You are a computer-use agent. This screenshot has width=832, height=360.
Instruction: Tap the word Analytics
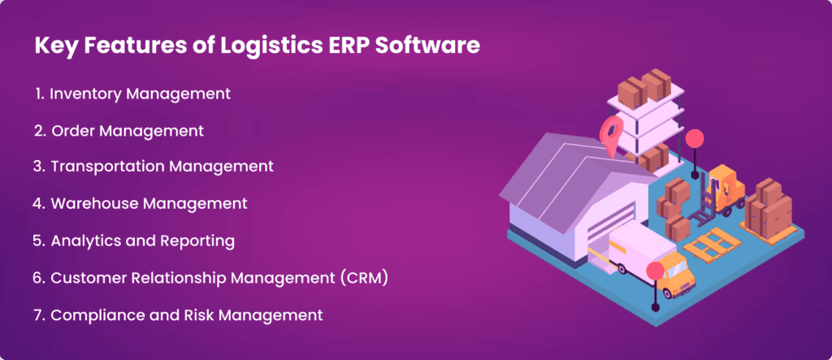tap(87, 241)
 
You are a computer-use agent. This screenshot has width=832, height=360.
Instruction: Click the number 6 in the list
tap(38, 278)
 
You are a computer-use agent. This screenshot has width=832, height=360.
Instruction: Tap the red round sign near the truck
tap(655, 271)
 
